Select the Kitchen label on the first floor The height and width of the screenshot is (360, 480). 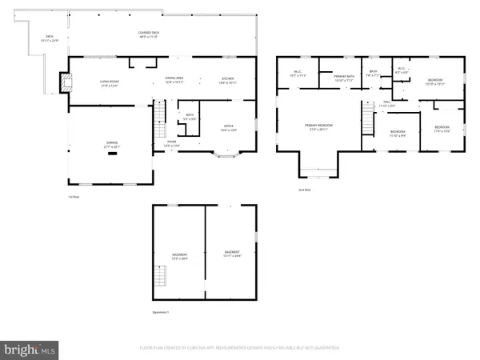point(229,81)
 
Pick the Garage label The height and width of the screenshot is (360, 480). point(111,146)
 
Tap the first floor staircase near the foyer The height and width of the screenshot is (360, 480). point(159,120)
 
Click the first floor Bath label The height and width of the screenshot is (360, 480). point(190,118)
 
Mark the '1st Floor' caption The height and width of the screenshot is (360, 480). point(74,196)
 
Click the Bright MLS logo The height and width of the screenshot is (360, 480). point(30,350)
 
